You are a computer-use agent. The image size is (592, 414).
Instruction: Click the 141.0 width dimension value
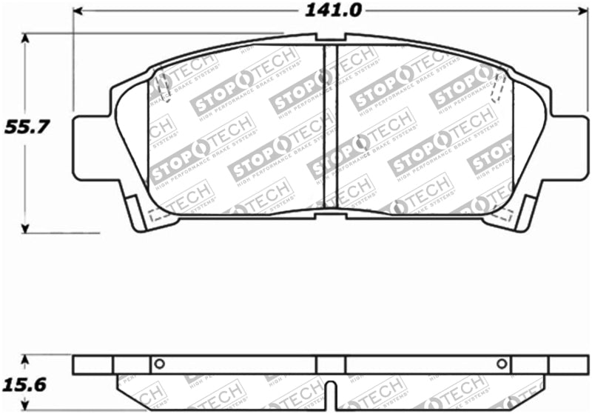click(326, 11)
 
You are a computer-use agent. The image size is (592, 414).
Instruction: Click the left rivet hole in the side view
click(157, 364)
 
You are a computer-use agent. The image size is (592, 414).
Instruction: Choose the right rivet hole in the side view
click(502, 364)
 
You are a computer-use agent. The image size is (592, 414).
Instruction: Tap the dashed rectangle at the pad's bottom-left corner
click(157, 216)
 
